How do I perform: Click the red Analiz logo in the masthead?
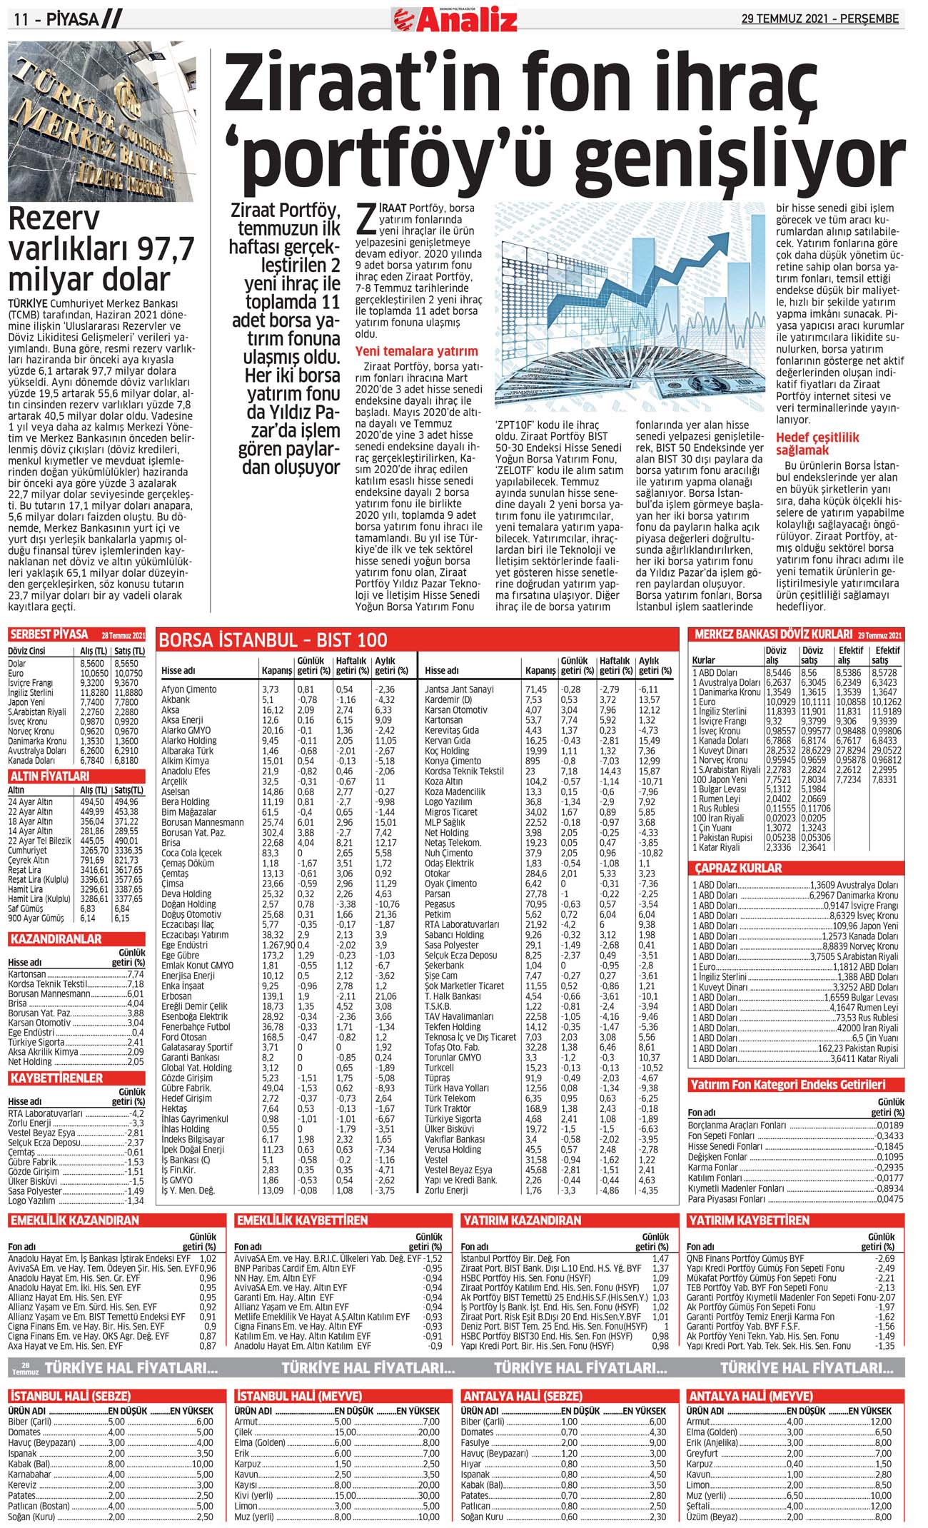(x=455, y=19)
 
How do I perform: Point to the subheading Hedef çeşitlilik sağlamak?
(x=818, y=443)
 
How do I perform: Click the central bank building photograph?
(x=101, y=121)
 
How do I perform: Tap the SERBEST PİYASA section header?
(x=49, y=634)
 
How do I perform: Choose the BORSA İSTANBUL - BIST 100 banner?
(x=273, y=639)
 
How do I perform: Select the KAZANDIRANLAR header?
(x=56, y=938)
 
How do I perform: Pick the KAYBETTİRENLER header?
(x=56, y=1078)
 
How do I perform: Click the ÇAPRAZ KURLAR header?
(x=739, y=868)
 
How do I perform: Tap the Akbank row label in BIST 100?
(x=176, y=700)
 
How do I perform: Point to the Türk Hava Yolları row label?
(x=457, y=1088)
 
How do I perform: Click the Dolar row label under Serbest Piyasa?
(x=17, y=663)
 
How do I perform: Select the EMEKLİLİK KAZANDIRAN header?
(x=74, y=1220)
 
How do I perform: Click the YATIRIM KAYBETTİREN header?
(x=748, y=1220)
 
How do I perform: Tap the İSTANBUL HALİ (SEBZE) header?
(x=70, y=1396)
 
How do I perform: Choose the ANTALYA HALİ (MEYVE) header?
(x=750, y=1396)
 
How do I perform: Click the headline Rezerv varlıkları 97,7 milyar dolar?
(x=101, y=249)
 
